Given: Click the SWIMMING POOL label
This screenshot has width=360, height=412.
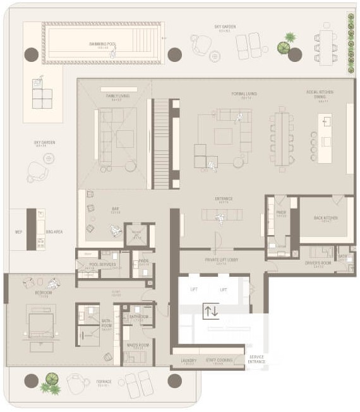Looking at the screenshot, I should click(102, 44).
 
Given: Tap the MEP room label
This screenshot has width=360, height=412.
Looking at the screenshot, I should click(18, 232).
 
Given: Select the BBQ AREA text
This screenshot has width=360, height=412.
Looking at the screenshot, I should click(55, 232).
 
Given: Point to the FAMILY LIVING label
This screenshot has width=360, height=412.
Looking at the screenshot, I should click(118, 96).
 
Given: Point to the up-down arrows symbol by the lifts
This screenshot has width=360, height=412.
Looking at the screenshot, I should click(212, 311).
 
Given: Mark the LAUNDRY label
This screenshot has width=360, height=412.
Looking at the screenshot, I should click(188, 360).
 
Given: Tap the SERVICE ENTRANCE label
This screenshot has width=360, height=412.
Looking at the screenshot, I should click(256, 359).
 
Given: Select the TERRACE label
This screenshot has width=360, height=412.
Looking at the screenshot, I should click(104, 382).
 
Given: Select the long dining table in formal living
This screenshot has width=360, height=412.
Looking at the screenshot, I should click(282, 138).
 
